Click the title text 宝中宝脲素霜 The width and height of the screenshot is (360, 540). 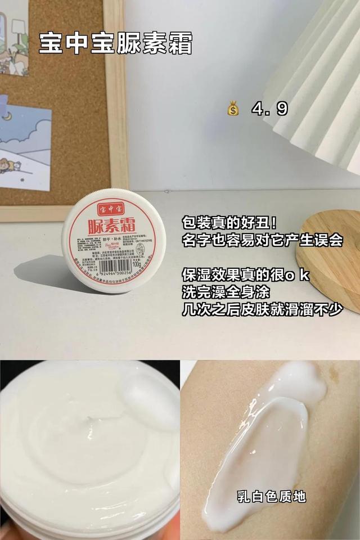click(115, 43)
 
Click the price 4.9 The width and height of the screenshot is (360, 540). click(269, 109)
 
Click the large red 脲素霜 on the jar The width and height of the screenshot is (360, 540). click(112, 228)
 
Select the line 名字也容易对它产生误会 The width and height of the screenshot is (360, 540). click(263, 240)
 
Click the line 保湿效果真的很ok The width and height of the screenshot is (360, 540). click(246, 276)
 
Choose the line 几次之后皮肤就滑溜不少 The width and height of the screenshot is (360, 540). click(263, 310)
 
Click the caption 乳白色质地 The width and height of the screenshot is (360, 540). click(271, 496)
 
